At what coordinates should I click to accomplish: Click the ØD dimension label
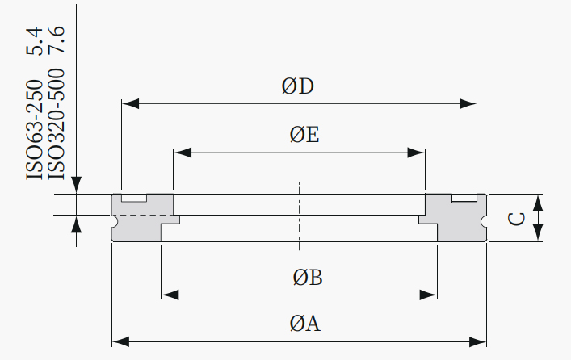pos(297,86)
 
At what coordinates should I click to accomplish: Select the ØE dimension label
pos(304,135)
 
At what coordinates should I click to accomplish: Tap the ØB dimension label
pos(308,278)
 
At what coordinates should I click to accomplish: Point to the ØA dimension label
pos(305,324)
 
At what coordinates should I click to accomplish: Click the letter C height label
pos(516,219)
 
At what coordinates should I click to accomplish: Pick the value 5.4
pos(35,41)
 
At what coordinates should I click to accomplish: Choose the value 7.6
pos(57,40)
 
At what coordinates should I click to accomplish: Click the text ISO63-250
pos(35,130)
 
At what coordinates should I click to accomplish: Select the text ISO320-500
pos(57,124)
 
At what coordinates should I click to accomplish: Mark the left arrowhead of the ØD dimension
pos(130,104)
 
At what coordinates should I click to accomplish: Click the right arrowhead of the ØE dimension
pos(416,153)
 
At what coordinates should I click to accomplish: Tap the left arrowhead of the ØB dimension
pos(170,295)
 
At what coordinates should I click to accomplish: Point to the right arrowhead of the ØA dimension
pos(477,342)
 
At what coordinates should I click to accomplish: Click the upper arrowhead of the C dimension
pos(538,203)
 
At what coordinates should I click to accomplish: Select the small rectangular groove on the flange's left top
pos(134,198)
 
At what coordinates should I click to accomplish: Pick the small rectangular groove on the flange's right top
pos(464,198)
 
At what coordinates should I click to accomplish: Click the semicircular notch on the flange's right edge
pos(484,221)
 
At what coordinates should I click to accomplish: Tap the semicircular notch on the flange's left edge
pos(115,221)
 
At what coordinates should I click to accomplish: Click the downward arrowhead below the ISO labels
pos(76,185)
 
